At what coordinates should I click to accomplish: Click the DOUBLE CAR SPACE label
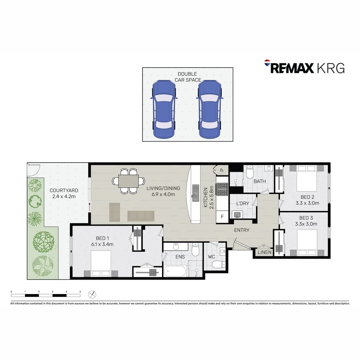[x=188, y=77]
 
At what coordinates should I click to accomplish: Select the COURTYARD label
[x=64, y=193]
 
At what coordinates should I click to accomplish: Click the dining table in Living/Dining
[x=129, y=181]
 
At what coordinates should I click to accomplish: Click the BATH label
[x=260, y=181]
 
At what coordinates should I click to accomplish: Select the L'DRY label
[x=242, y=203]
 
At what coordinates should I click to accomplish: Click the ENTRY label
[x=242, y=230]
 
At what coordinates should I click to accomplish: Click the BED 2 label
[x=307, y=200]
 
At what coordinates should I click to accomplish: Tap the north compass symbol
[x=92, y=294]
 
